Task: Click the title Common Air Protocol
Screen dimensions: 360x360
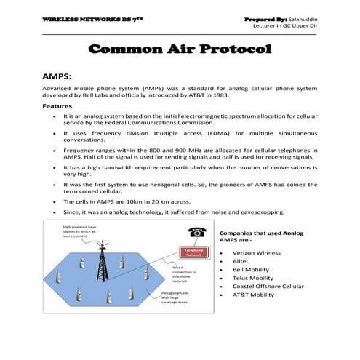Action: coord(179,49)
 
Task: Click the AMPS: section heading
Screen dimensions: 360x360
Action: coord(59,75)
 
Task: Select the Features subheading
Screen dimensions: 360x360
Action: coord(61,106)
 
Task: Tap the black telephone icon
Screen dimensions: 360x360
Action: coord(196,232)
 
